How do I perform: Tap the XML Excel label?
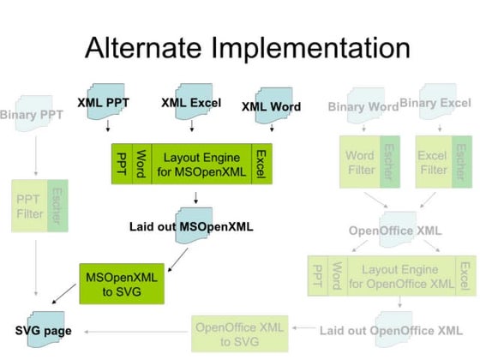[x=190, y=103]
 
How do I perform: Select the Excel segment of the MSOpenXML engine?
[x=260, y=163]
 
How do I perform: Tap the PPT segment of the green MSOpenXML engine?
[x=121, y=163]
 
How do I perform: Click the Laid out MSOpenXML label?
[x=191, y=228]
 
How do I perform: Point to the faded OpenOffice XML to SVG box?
[x=239, y=333]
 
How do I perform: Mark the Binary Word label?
[x=363, y=107]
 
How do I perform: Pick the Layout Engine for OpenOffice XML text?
[x=399, y=275]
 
